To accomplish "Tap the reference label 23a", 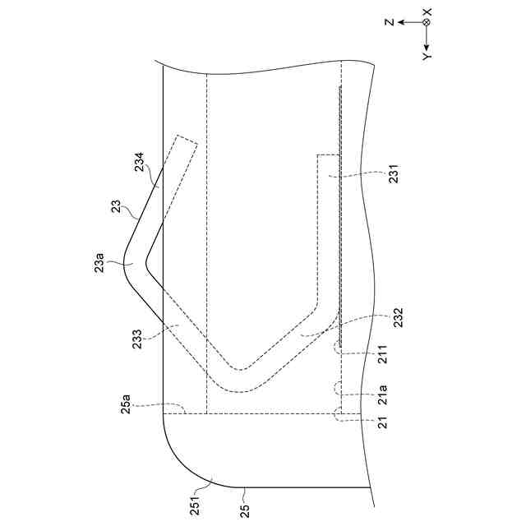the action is [99, 263].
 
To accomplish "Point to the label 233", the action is [137, 339].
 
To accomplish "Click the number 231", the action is [394, 173].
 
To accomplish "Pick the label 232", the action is [399, 318].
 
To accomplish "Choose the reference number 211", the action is [383, 354].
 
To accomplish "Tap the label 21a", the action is [383, 394].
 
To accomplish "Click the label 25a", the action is [126, 404].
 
